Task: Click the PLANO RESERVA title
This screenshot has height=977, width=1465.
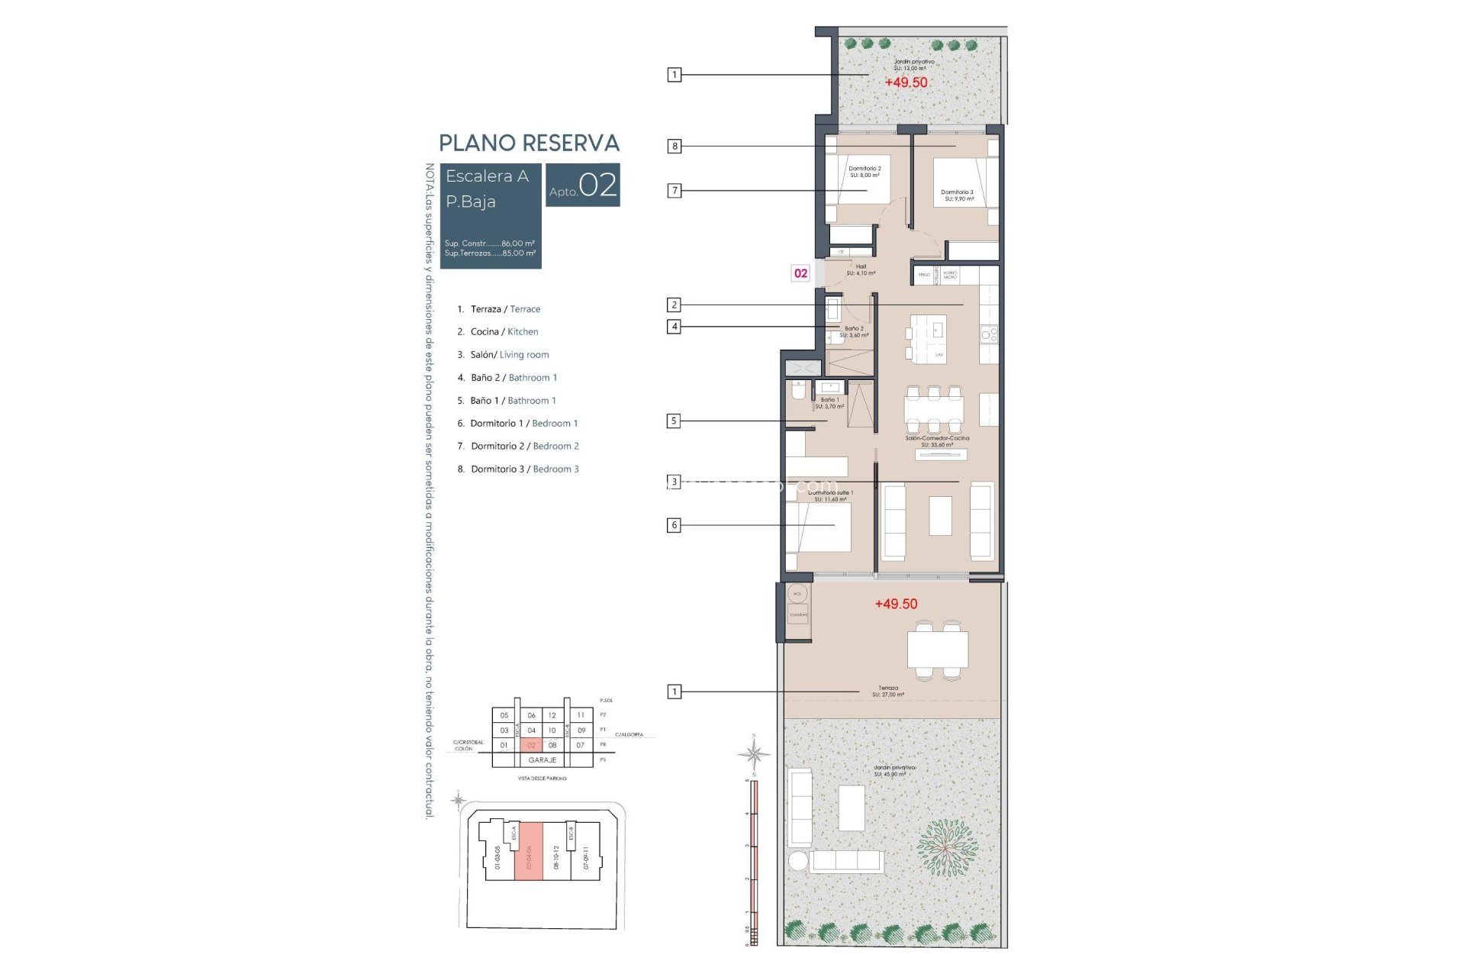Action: click(x=529, y=143)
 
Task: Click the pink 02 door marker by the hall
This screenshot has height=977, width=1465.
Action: click(x=800, y=273)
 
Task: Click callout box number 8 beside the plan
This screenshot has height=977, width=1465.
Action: click(x=675, y=146)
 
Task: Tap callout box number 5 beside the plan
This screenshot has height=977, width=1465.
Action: click(x=674, y=421)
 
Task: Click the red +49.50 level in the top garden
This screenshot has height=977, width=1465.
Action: click(x=906, y=82)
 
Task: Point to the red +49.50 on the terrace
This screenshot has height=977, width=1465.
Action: click(x=896, y=604)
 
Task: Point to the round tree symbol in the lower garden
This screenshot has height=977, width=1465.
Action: click(x=946, y=848)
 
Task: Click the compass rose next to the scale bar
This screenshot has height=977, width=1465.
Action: click(x=754, y=754)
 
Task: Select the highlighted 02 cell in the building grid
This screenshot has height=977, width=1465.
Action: click(x=532, y=745)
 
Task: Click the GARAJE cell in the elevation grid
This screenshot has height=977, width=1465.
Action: click(x=543, y=760)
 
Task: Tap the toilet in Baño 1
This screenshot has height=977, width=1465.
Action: click(x=798, y=392)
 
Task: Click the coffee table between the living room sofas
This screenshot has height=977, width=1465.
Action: click(x=940, y=516)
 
